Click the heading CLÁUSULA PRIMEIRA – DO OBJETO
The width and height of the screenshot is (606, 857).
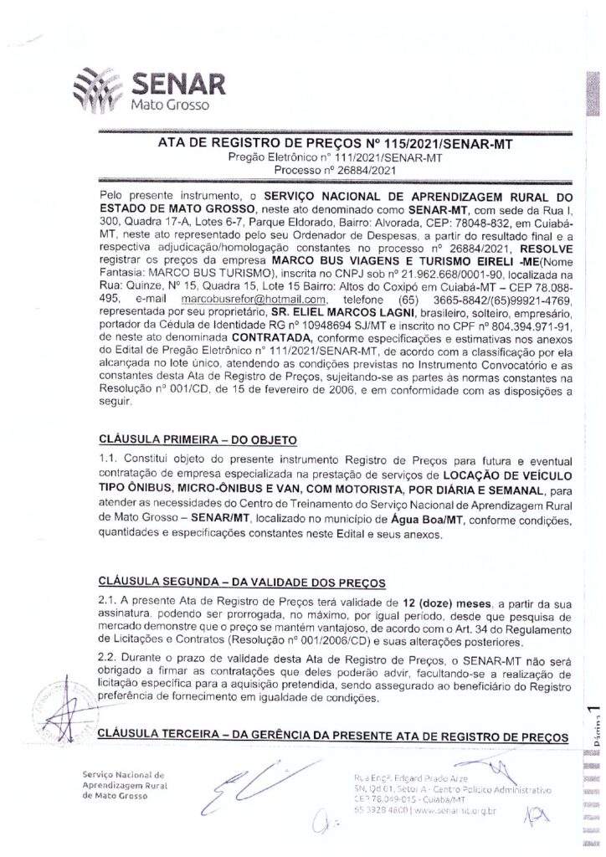tap(198, 438)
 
